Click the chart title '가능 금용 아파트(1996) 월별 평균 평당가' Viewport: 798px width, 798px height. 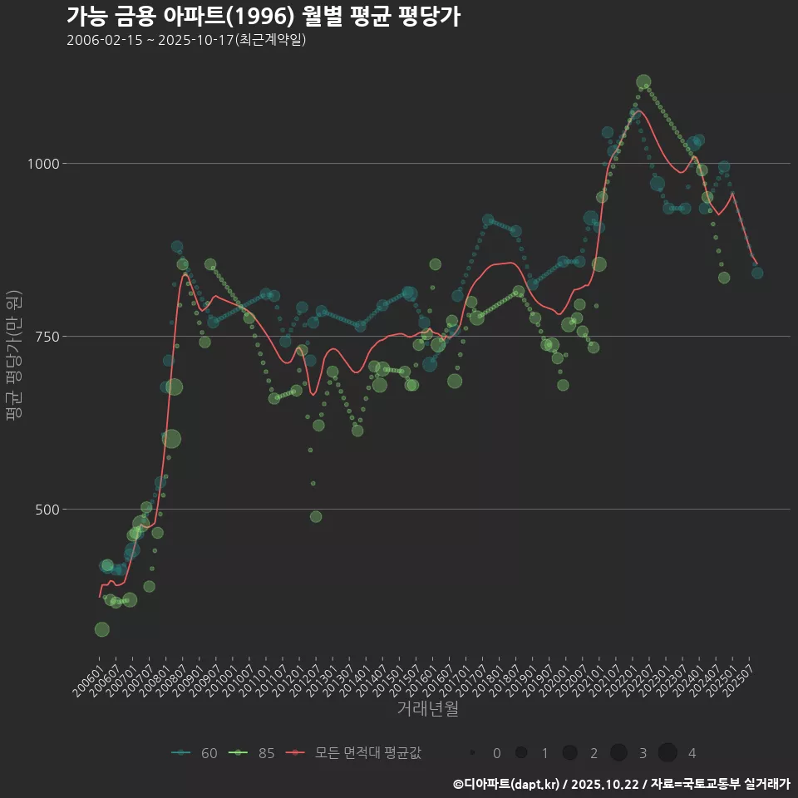coord(263,17)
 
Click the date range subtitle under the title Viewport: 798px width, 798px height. coord(186,40)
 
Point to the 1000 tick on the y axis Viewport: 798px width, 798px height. coord(42,164)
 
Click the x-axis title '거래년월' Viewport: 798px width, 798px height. coord(427,708)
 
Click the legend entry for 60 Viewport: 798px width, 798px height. coord(195,753)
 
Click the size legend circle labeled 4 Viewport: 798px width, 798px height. coord(667,753)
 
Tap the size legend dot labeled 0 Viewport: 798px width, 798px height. coord(472,753)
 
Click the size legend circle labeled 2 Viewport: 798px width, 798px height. coord(569,753)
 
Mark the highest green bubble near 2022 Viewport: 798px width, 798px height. coord(643,82)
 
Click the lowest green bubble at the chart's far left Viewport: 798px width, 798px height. coord(101,629)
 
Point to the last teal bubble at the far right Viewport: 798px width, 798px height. coord(757,273)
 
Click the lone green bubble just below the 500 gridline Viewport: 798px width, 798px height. coord(316,516)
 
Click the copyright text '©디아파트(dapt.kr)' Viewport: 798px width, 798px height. coord(507,784)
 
